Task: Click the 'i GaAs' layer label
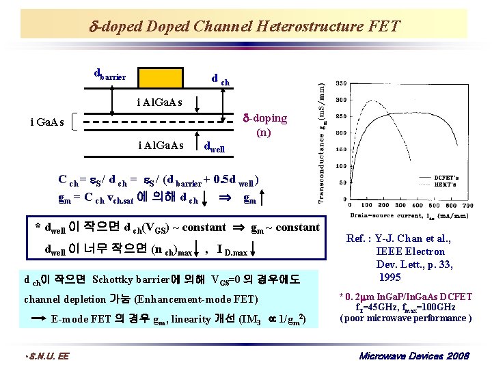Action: click(47, 122)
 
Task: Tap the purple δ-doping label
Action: click(266, 124)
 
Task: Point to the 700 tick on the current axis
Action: click(468, 205)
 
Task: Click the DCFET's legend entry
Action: click(447, 176)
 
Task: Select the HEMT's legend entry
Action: click(448, 184)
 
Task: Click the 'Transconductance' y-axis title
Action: click(325, 140)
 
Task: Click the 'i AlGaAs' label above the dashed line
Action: click(162, 103)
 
